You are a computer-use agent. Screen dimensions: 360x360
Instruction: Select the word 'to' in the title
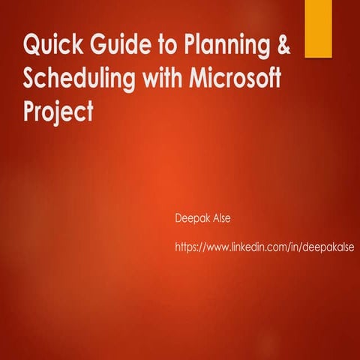pyautogui.click(x=154, y=46)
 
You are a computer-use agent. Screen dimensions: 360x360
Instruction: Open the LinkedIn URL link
pyautogui.click(x=263, y=246)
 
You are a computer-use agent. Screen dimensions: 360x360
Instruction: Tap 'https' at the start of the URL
pyautogui.click(x=184, y=246)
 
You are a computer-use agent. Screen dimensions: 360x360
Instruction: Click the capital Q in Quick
pyautogui.click(x=32, y=46)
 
